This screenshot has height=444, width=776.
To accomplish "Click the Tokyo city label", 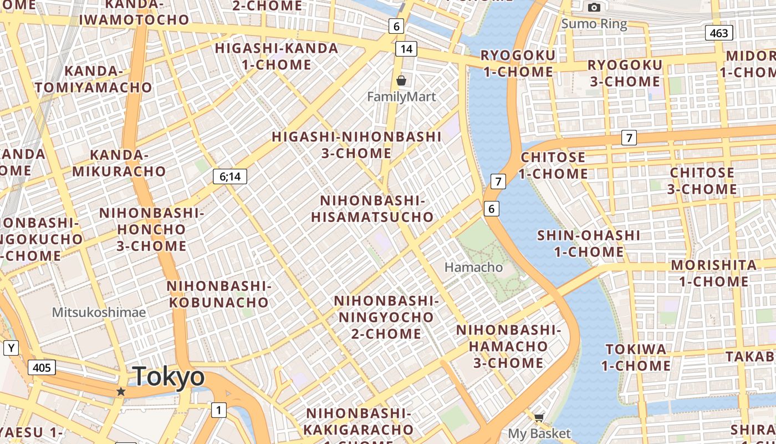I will pyautogui.click(x=169, y=376).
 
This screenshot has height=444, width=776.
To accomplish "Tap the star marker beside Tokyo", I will pyautogui.click(x=121, y=391).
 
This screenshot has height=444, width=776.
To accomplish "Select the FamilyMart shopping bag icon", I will pyautogui.click(x=401, y=81).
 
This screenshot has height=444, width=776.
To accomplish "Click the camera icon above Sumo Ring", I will pyautogui.click(x=594, y=7).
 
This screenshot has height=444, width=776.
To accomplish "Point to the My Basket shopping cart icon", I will pyautogui.click(x=539, y=417).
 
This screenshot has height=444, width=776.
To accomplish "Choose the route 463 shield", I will pyautogui.click(x=719, y=33).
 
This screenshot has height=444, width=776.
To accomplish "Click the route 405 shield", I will pyautogui.click(x=42, y=367).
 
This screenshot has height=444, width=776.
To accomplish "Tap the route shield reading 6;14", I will pyautogui.click(x=230, y=176).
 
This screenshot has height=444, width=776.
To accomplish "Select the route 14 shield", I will pyautogui.click(x=406, y=49).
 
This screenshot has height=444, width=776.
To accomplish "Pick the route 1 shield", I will pyautogui.click(x=219, y=410).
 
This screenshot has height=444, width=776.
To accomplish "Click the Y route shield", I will pyautogui.click(x=11, y=348).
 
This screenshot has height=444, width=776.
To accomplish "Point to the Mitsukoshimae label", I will pyautogui.click(x=99, y=312).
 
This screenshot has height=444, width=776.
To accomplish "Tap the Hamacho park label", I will pyautogui.click(x=474, y=267).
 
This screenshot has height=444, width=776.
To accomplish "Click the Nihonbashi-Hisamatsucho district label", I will pyautogui.click(x=372, y=209).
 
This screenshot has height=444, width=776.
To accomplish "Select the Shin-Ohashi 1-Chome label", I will pyautogui.click(x=588, y=243).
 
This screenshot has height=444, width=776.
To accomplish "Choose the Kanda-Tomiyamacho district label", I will pyautogui.click(x=93, y=79).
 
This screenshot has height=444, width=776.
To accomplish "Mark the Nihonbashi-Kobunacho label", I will pyautogui.click(x=218, y=294).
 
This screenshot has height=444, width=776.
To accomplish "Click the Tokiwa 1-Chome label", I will pyautogui.click(x=636, y=357).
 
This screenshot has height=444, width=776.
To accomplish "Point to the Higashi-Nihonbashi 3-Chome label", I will pyautogui.click(x=356, y=145).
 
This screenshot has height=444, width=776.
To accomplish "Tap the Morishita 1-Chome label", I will pyautogui.click(x=713, y=273).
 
